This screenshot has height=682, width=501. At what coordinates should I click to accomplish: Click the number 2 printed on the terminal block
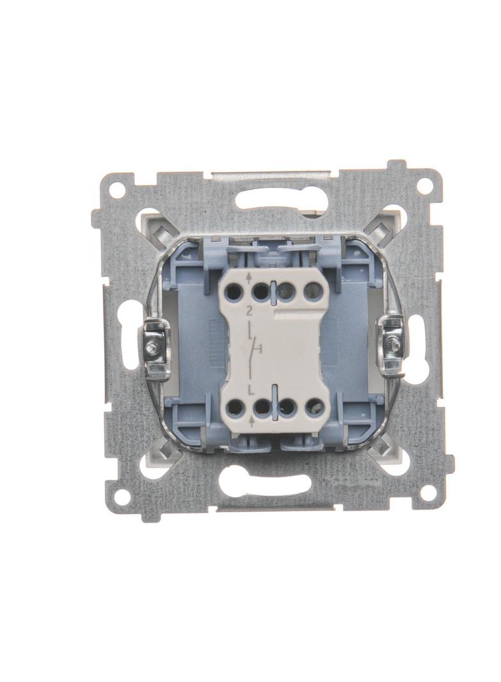tap(248, 311)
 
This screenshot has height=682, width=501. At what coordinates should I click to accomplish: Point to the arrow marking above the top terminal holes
tap(249, 278)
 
